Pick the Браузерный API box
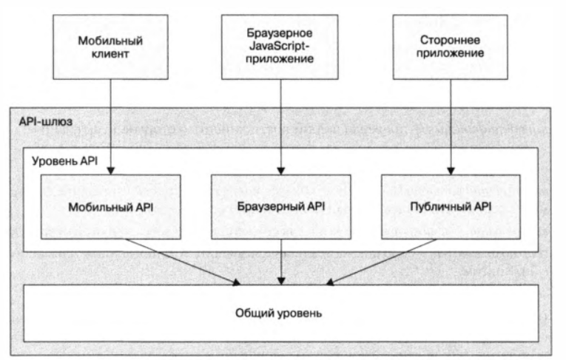(281, 206)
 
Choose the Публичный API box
(451, 206)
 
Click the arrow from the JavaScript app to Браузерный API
(280, 126)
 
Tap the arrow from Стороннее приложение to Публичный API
(451, 126)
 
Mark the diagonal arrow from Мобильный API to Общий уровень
(185, 261)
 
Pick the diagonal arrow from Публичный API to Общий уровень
(377, 261)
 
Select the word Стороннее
(451, 40)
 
